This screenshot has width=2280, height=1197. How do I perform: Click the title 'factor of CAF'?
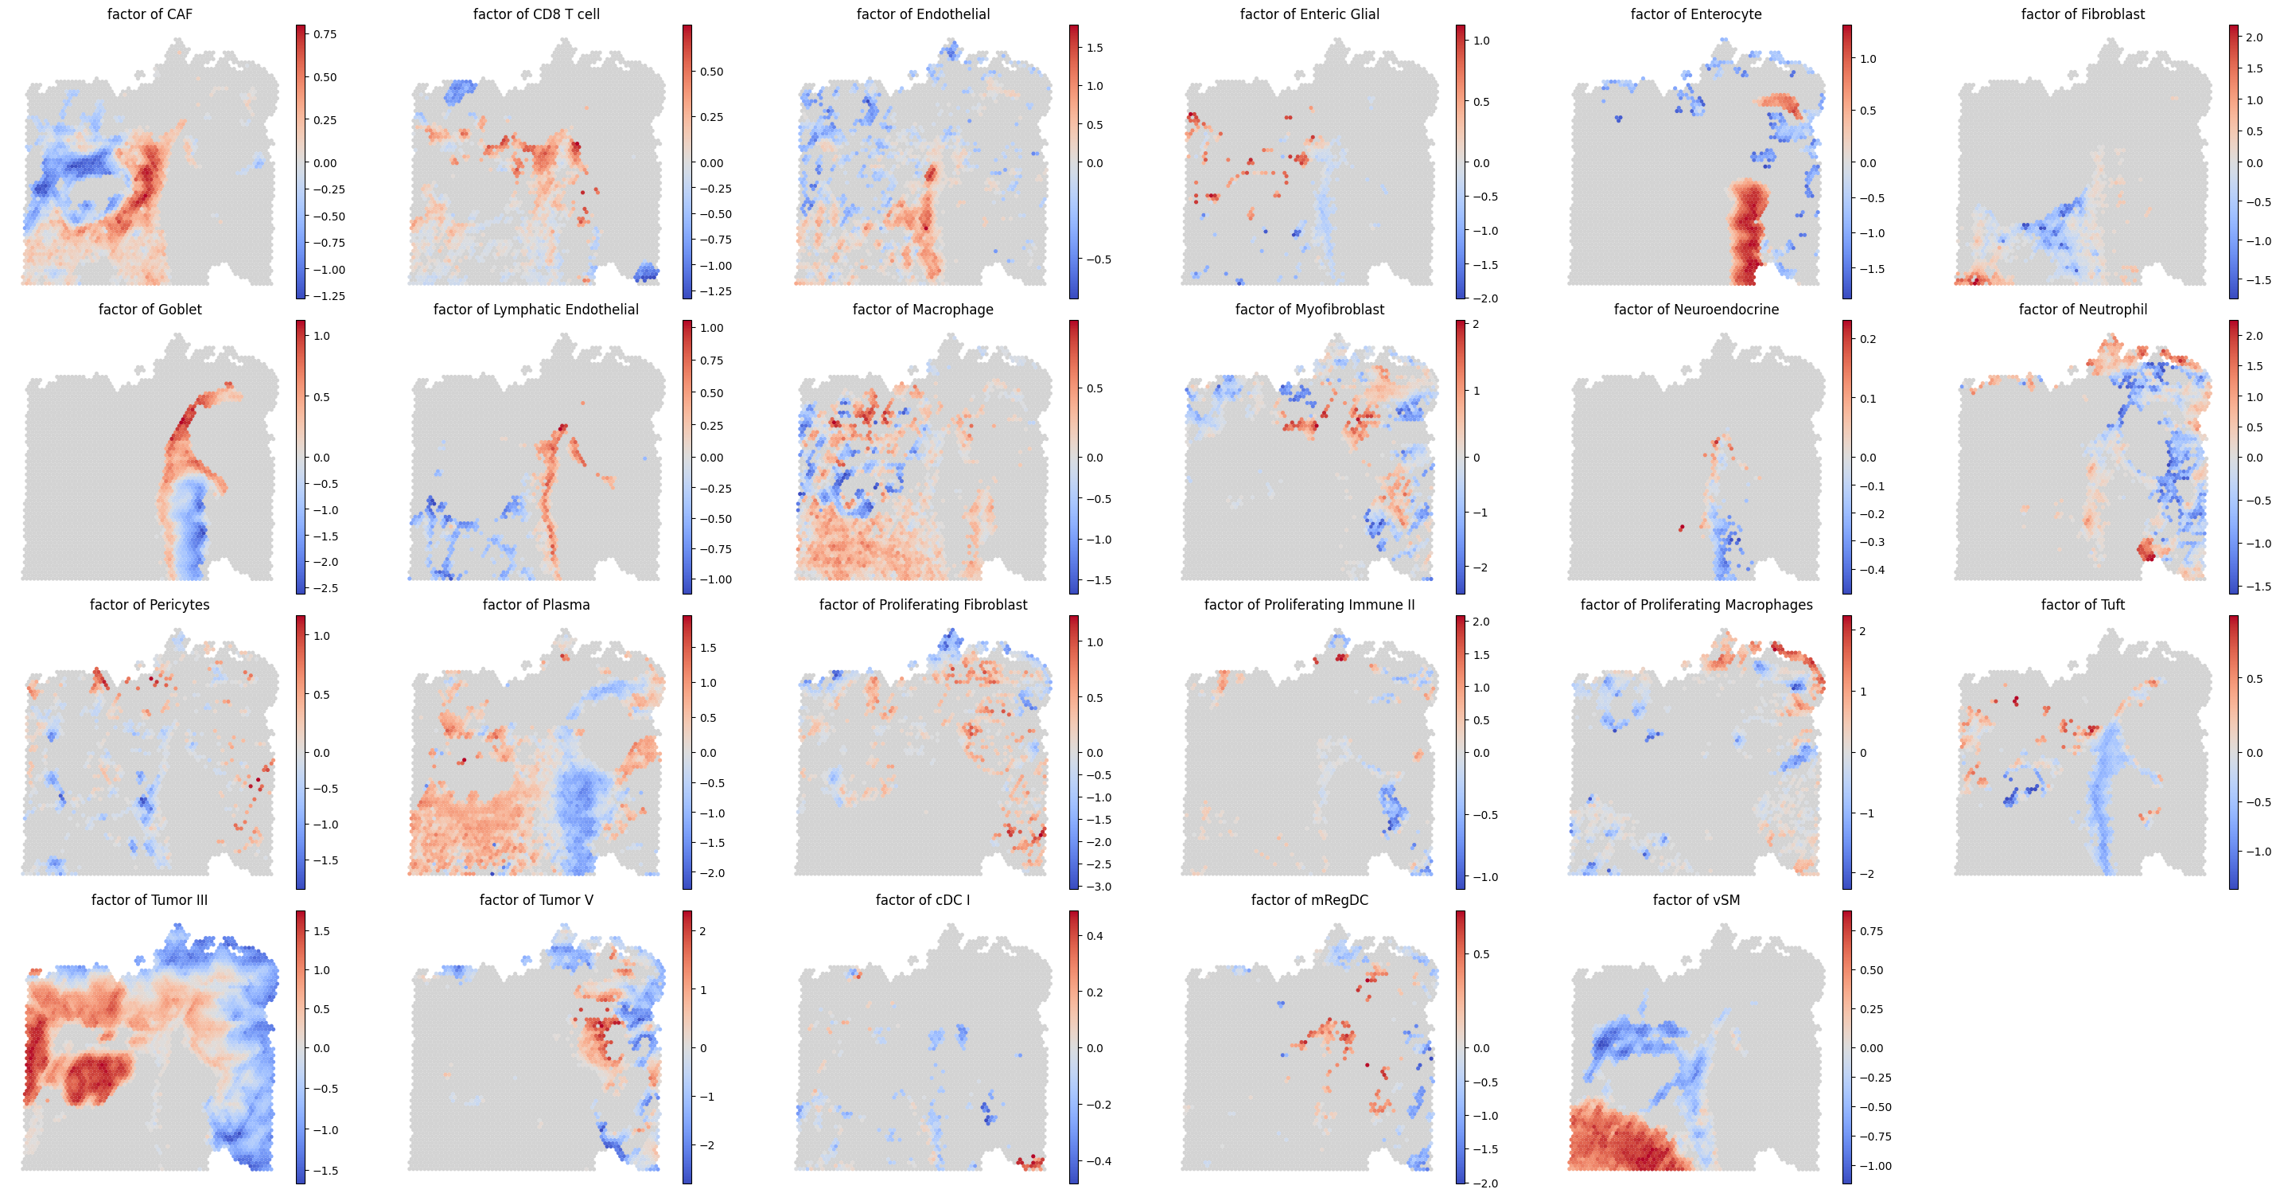[x=150, y=14]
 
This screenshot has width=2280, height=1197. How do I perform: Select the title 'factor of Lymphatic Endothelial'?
[x=535, y=309]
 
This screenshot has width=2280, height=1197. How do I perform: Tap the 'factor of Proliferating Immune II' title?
[x=1309, y=605]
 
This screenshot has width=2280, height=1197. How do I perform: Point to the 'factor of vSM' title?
[x=1696, y=899]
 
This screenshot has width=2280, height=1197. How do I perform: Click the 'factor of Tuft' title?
[x=2083, y=605]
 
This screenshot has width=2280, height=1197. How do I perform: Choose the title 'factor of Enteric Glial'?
[x=1309, y=14]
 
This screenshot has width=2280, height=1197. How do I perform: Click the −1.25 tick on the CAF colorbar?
[x=325, y=296]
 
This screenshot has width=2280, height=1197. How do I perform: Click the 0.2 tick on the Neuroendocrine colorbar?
[x=1868, y=339]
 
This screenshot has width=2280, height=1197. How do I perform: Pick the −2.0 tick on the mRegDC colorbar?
[x=1483, y=1183]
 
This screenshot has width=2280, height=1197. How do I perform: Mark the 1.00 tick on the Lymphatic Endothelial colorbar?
[x=712, y=328]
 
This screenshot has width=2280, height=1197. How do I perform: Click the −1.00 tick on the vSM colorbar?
[x=1872, y=1166]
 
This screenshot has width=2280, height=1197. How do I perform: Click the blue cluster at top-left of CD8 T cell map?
[x=459, y=90]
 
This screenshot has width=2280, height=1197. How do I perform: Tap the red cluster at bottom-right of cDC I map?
[x=1031, y=1163]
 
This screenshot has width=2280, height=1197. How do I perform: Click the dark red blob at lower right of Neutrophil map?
[x=2146, y=549]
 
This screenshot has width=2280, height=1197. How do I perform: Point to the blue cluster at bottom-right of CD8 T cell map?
[x=646, y=272]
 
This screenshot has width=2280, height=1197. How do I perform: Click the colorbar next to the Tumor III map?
[x=301, y=1047]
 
